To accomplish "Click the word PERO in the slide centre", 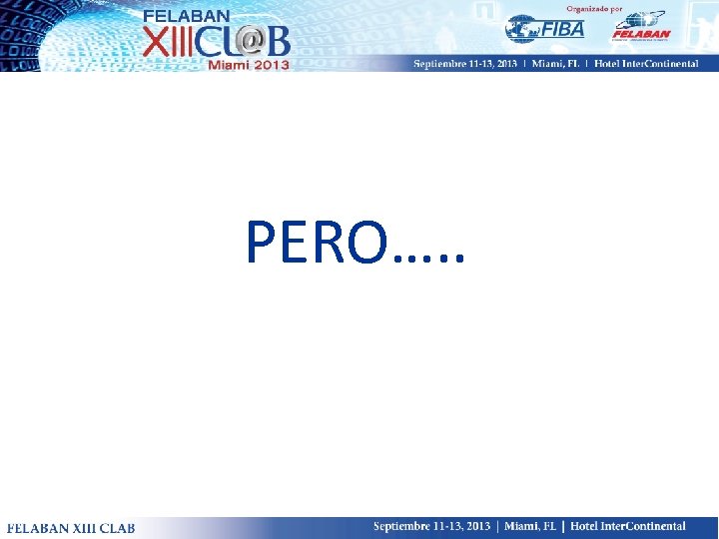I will tap(314, 243).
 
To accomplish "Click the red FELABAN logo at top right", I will tap(640, 27).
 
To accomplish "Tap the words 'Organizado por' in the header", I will tap(594, 8).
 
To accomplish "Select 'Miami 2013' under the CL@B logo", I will tap(249, 65).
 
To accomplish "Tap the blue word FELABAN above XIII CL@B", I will tap(186, 16).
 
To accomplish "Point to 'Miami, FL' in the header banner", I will tap(562, 64).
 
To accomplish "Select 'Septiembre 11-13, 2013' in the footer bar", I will tap(433, 526).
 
